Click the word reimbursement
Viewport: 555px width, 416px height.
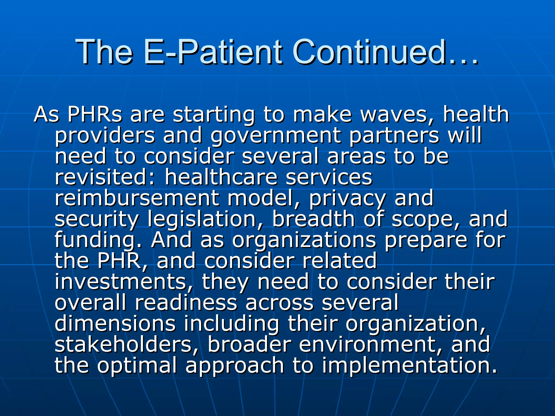pyautogui.click(x=137, y=198)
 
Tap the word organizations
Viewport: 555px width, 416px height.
pyautogui.click(x=304, y=240)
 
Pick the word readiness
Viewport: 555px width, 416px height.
pyautogui.click(x=186, y=303)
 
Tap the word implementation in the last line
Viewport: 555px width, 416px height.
pyautogui.click(x=409, y=366)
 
